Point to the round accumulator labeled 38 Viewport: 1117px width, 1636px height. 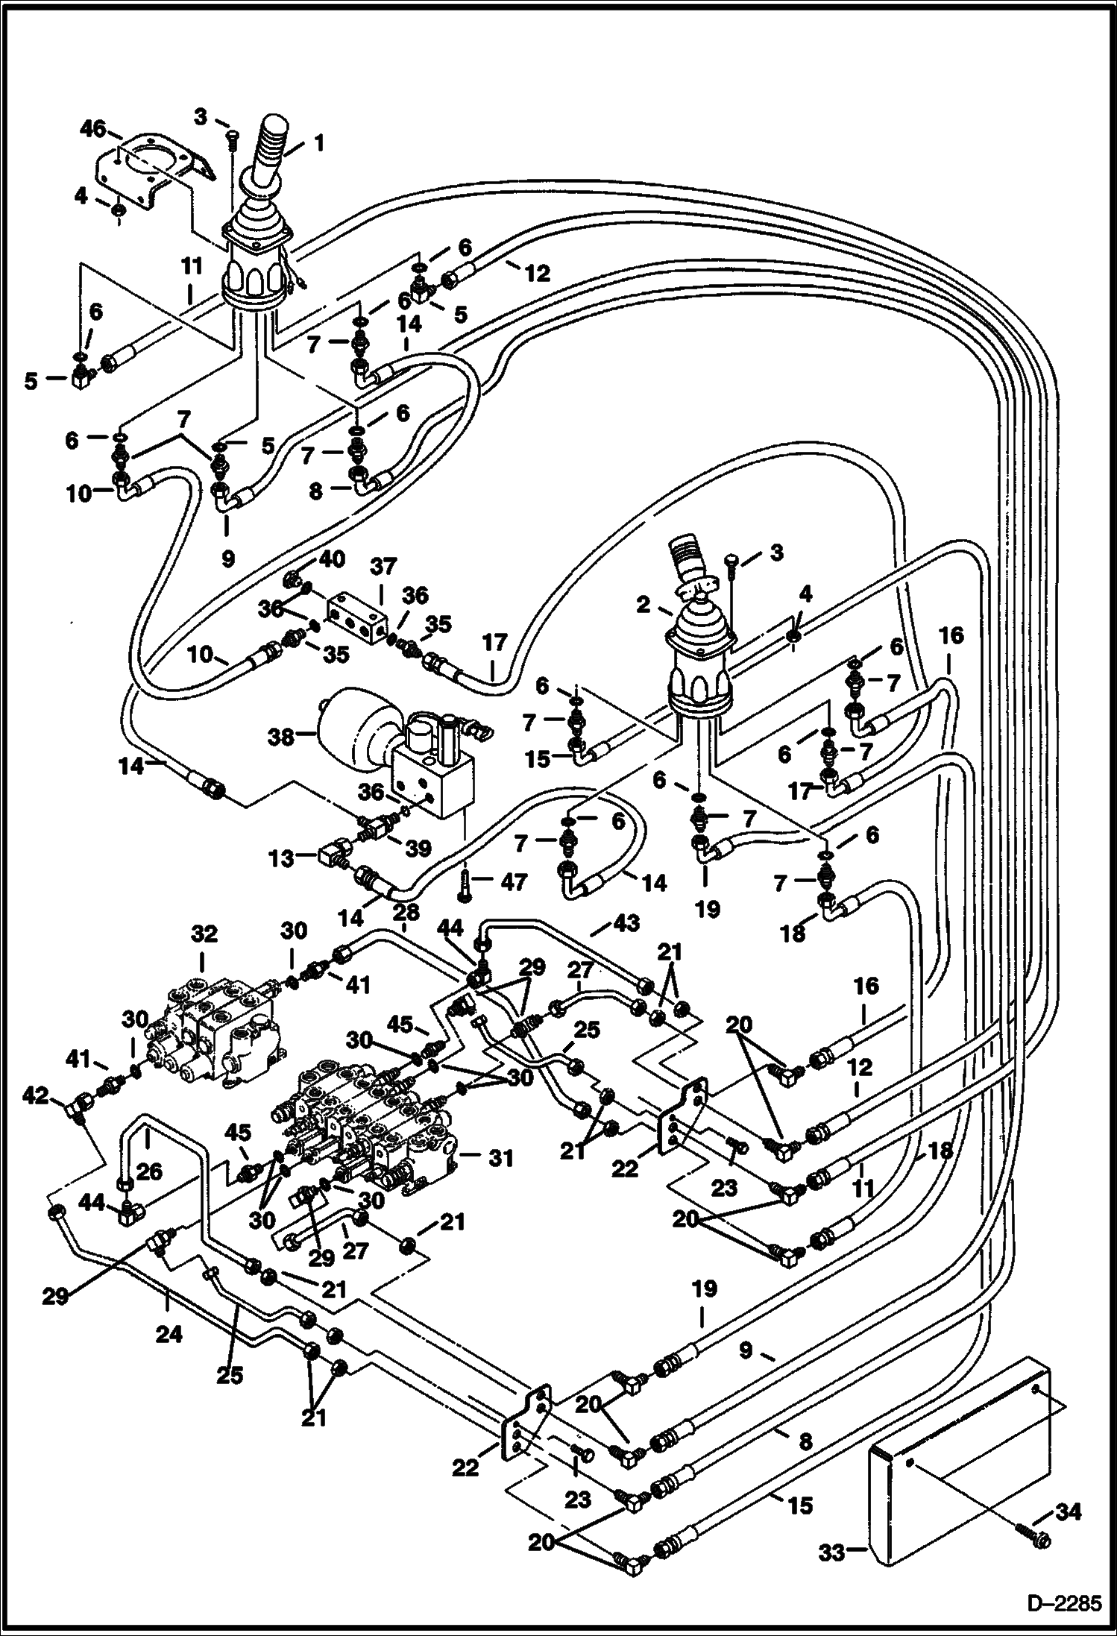(x=350, y=734)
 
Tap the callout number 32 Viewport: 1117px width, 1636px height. (x=204, y=934)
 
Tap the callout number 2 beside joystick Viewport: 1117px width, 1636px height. (x=644, y=605)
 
